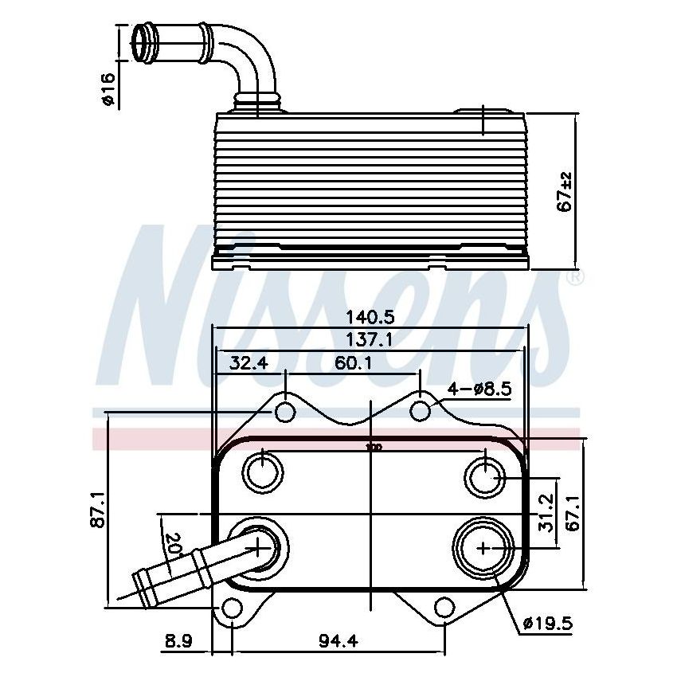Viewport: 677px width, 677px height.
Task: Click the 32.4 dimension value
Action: tap(248, 364)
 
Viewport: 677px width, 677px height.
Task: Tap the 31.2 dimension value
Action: tap(547, 511)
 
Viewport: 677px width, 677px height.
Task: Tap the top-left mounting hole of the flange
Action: tap(285, 412)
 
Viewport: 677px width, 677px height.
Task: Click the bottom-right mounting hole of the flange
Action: tap(444, 610)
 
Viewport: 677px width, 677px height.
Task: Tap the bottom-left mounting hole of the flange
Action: tap(231, 610)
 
